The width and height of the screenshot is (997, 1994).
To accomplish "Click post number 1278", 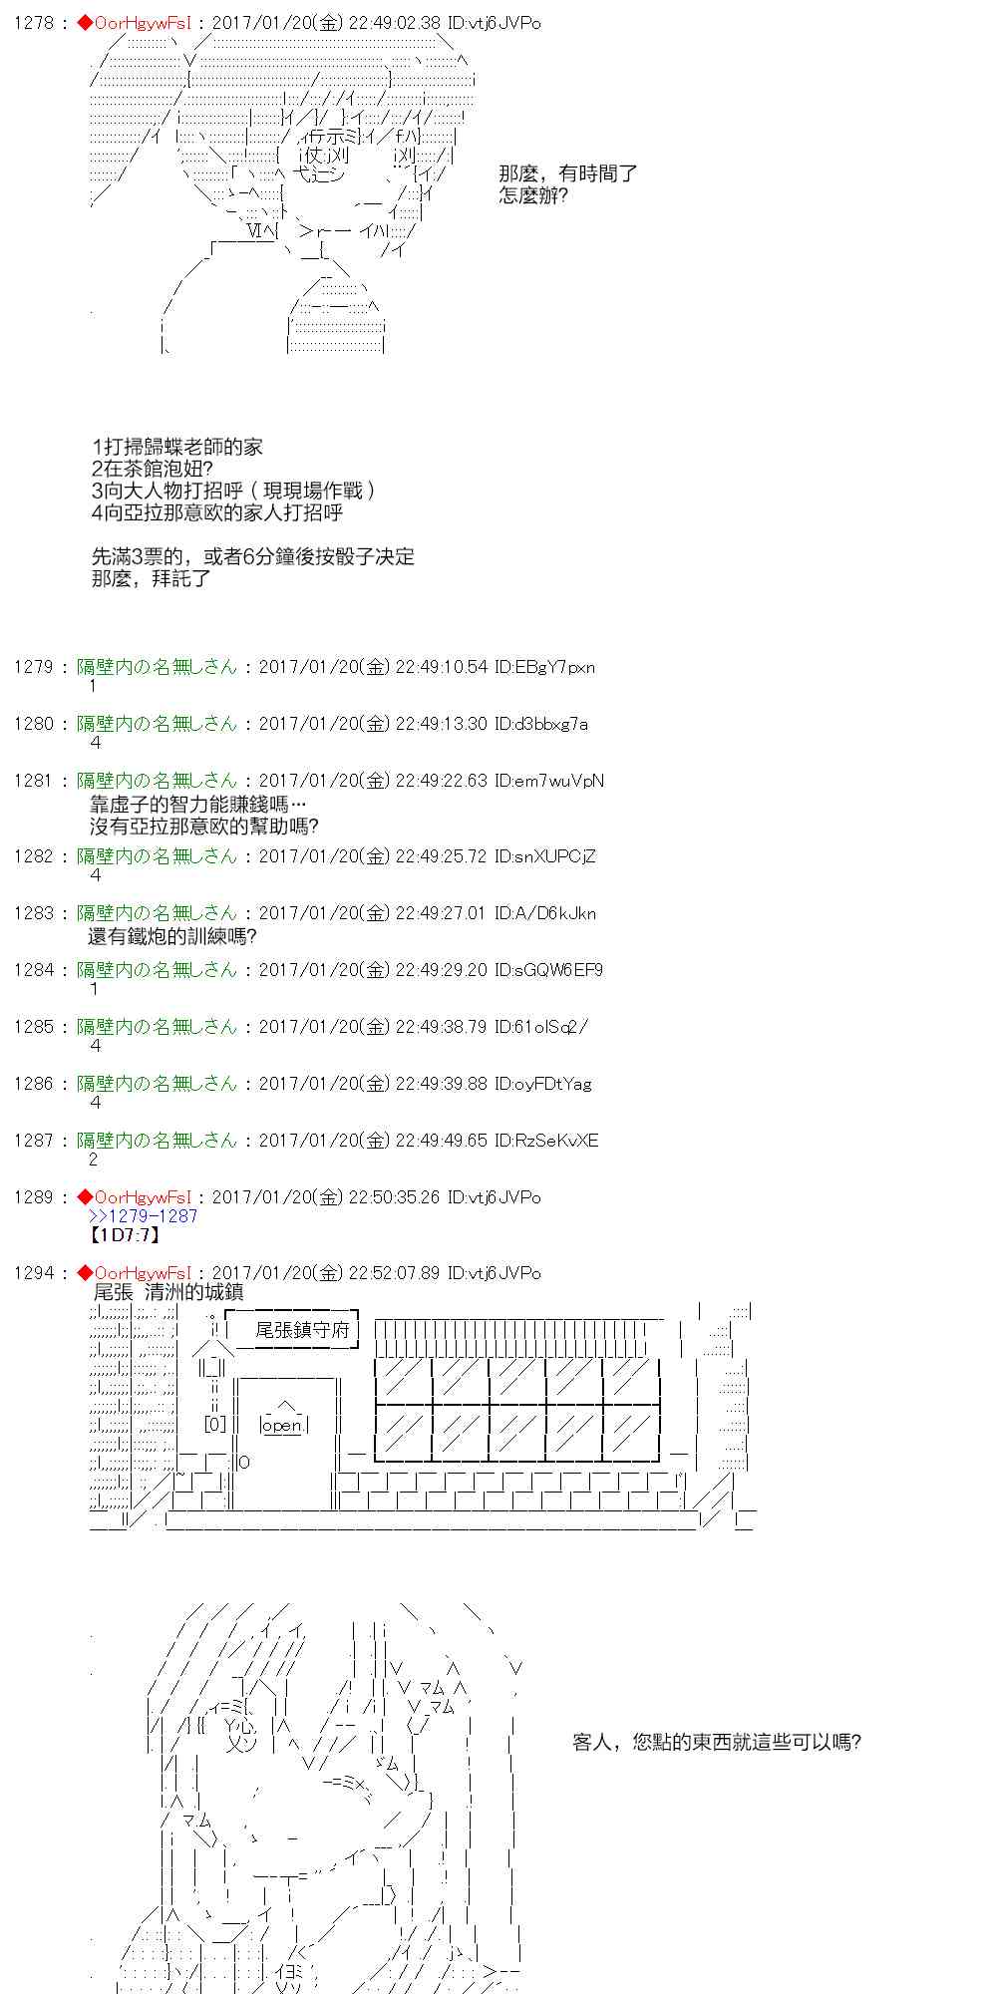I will [33, 22].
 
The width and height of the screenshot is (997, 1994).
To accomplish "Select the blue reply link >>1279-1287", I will [144, 1215].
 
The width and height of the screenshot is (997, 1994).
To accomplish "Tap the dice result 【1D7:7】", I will [125, 1235].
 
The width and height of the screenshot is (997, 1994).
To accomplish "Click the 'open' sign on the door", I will [282, 1426].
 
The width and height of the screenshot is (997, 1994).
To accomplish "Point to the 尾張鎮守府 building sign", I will [302, 1330].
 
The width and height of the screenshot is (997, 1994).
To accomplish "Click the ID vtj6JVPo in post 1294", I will [494, 1272].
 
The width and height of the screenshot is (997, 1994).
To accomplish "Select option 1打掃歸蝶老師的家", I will [176, 447].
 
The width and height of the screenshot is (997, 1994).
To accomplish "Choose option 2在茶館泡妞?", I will [152, 469].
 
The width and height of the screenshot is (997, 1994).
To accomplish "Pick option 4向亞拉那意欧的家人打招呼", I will [216, 512].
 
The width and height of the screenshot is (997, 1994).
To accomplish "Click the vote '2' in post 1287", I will [94, 1160].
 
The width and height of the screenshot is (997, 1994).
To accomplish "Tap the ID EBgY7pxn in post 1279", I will [544, 666].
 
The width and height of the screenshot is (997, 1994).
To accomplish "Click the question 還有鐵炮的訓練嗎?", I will [172, 936].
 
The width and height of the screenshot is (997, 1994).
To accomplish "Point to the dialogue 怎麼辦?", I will [533, 195].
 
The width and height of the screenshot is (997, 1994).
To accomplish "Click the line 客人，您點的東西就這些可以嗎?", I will [717, 1741].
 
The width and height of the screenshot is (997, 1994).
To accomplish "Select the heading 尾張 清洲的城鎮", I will [167, 1292].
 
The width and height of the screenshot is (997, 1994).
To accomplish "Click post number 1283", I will [33, 912].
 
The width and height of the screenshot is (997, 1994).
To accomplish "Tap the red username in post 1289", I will [141, 1196].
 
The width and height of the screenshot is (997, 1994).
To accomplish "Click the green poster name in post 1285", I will [158, 1026].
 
